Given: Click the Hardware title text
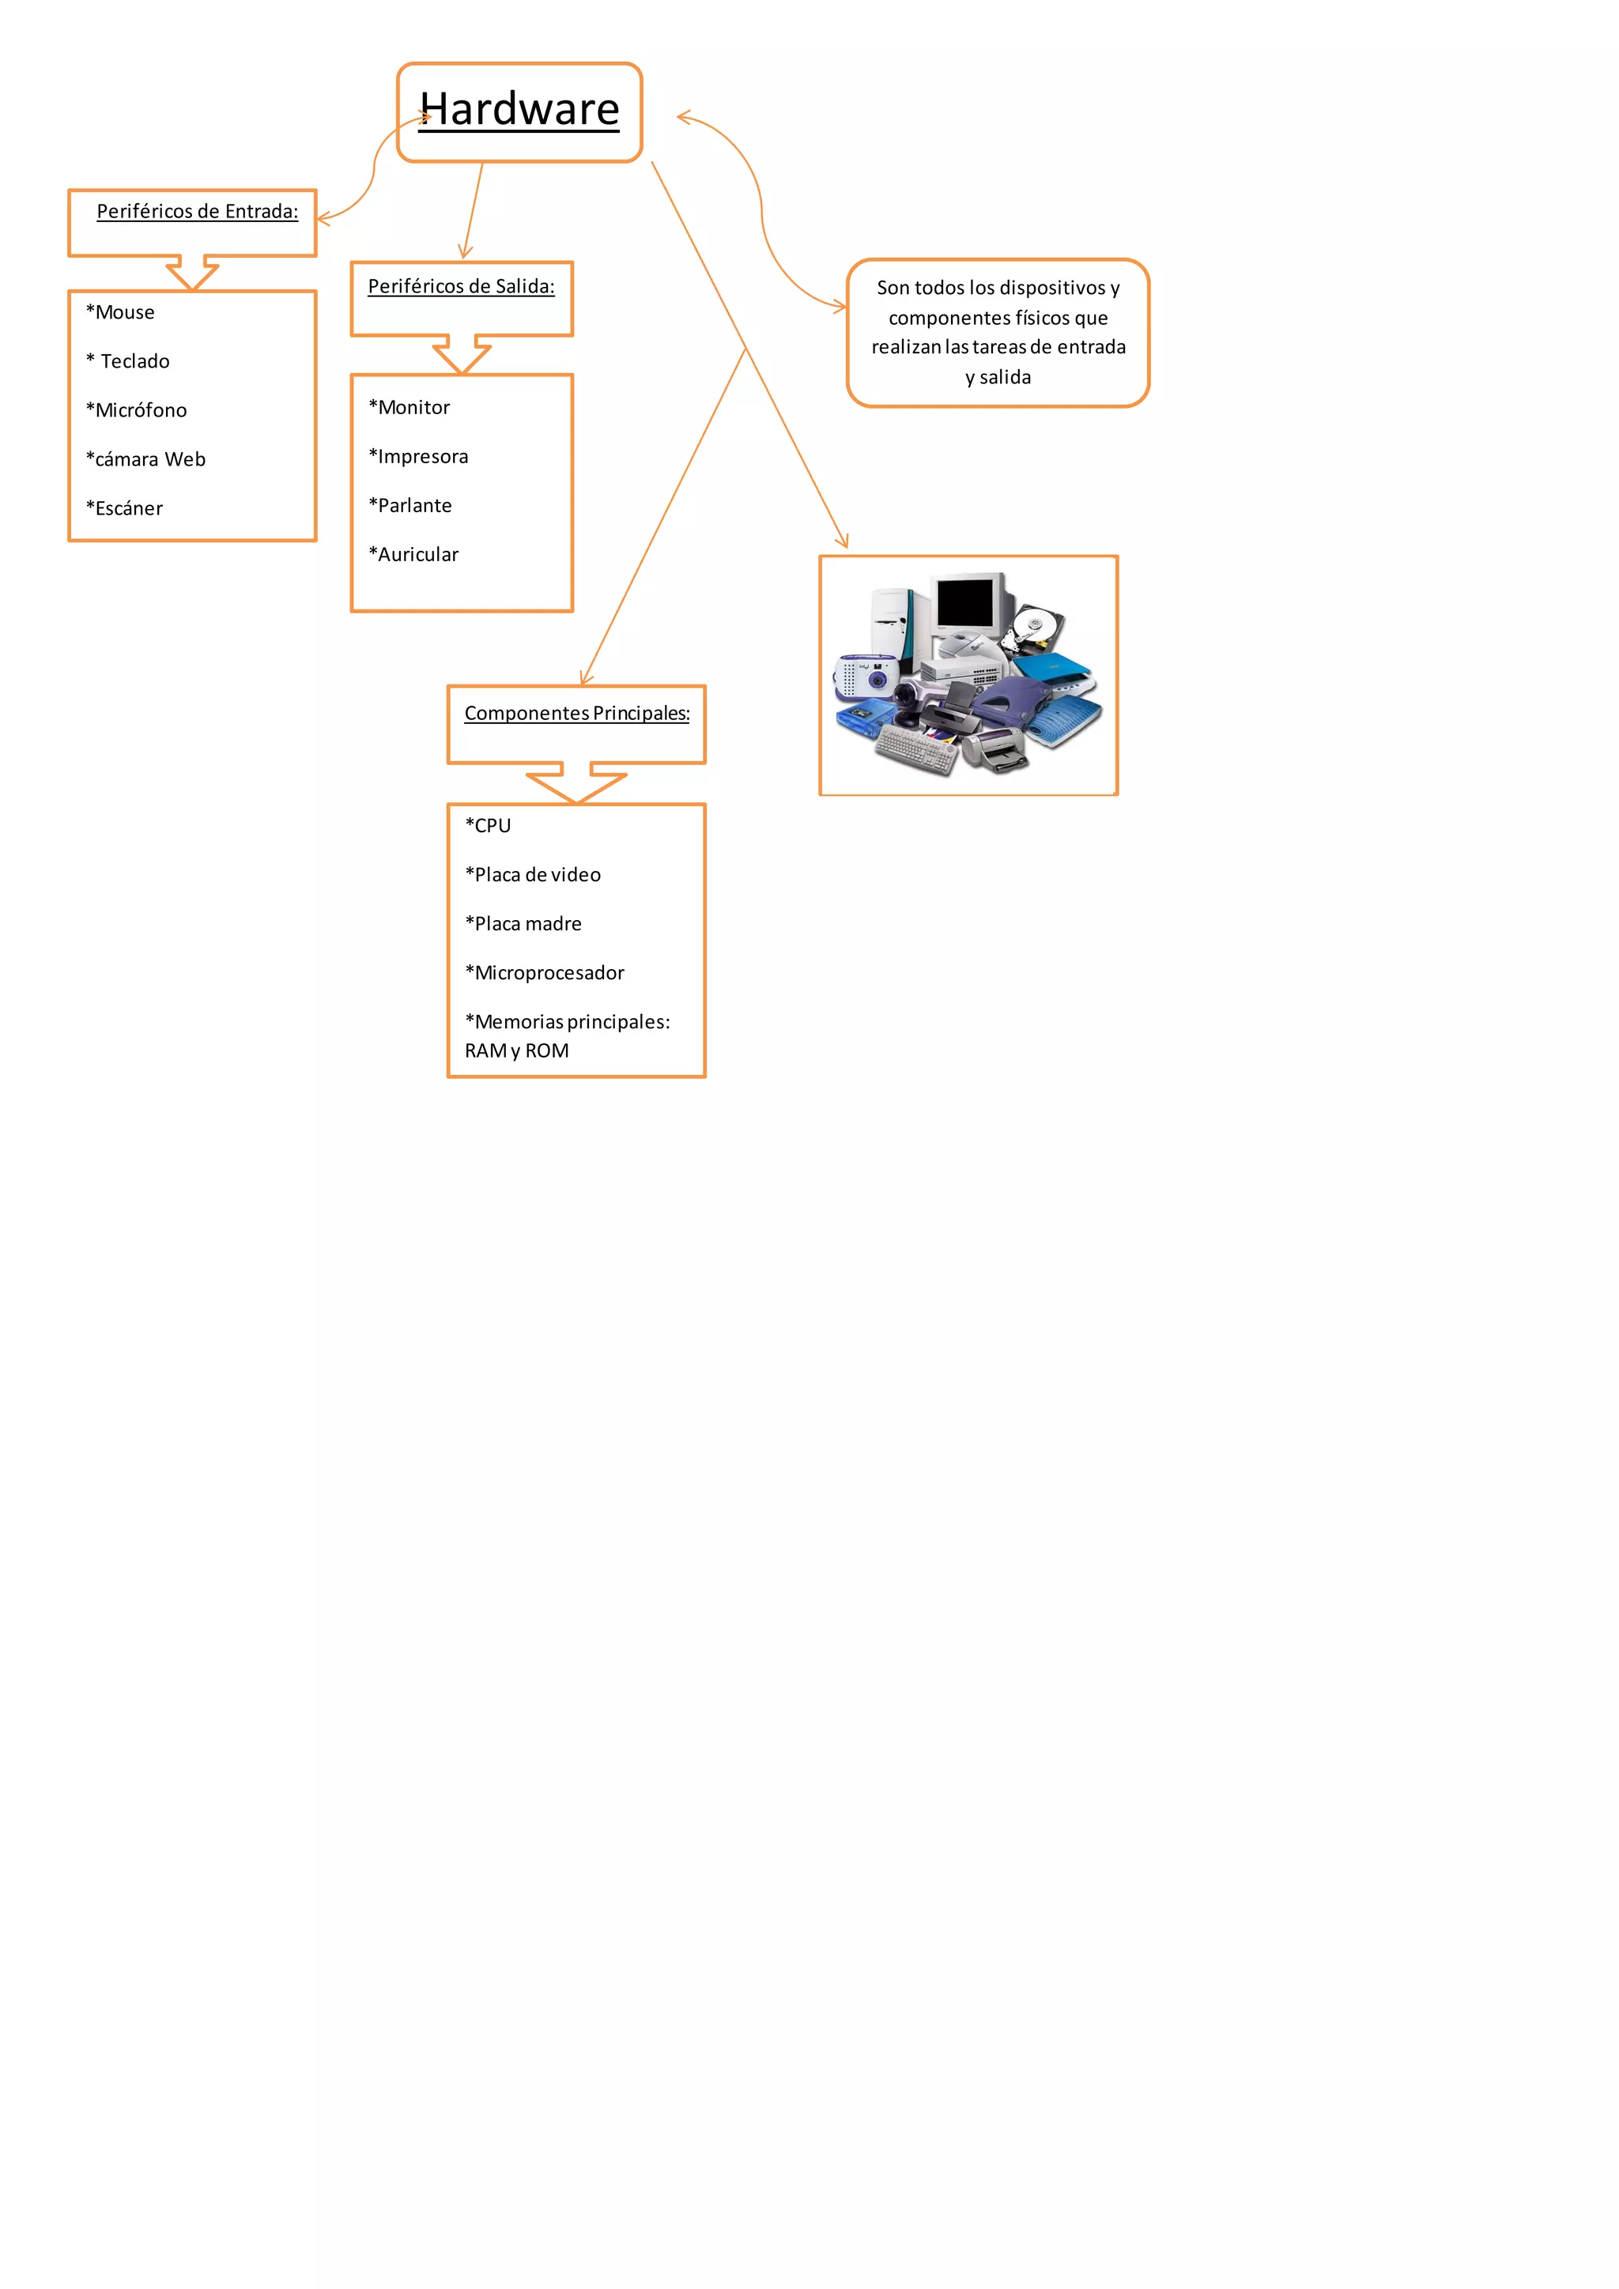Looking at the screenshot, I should tap(519, 110).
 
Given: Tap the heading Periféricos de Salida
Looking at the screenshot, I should tap(461, 286).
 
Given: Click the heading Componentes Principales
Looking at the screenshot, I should tap(576, 713).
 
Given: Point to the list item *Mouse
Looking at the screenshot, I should tap(121, 312).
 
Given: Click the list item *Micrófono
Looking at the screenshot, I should tap(137, 409).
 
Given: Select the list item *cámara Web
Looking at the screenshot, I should tap(145, 458).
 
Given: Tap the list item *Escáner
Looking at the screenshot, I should tap(125, 508).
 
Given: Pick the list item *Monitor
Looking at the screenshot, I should tap(409, 407).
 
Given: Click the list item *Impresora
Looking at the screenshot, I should tap(419, 457).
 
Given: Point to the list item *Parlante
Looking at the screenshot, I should tap(411, 505).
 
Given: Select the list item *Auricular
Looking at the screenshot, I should tap(413, 554).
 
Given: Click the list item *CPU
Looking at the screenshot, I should tap(489, 825).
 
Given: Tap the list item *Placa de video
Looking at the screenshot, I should tap(534, 874).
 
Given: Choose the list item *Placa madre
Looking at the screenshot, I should tap(523, 923).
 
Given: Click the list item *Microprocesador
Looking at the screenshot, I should tap(545, 972).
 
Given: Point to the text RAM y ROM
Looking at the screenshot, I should tap(516, 1050).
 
